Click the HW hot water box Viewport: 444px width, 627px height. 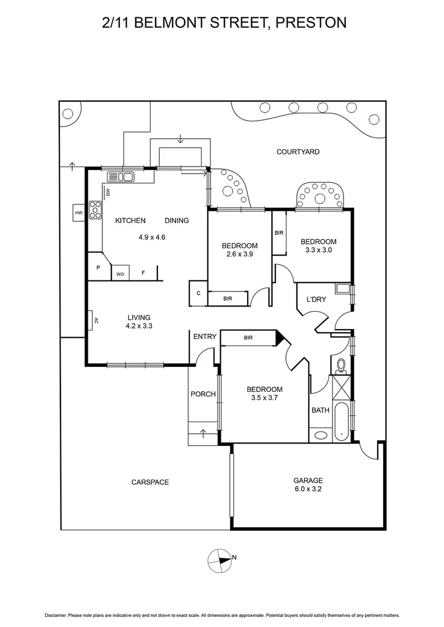coord(79,213)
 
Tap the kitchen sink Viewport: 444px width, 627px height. coord(121,176)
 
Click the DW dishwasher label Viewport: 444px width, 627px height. coord(108,192)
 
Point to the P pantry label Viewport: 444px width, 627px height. coord(98,268)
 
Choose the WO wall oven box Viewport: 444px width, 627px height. coord(120,274)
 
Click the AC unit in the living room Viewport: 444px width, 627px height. coord(94,319)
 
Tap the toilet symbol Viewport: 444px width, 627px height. coord(341,365)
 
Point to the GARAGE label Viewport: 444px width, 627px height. coord(308,480)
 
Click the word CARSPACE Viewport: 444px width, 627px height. coord(150,482)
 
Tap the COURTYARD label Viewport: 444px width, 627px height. coord(298,152)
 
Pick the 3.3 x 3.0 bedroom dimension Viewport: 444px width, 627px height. coord(318,250)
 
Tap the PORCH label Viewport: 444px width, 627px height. coord(203,394)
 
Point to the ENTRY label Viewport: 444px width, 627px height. coord(205,337)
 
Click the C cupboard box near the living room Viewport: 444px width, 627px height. coord(198,293)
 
